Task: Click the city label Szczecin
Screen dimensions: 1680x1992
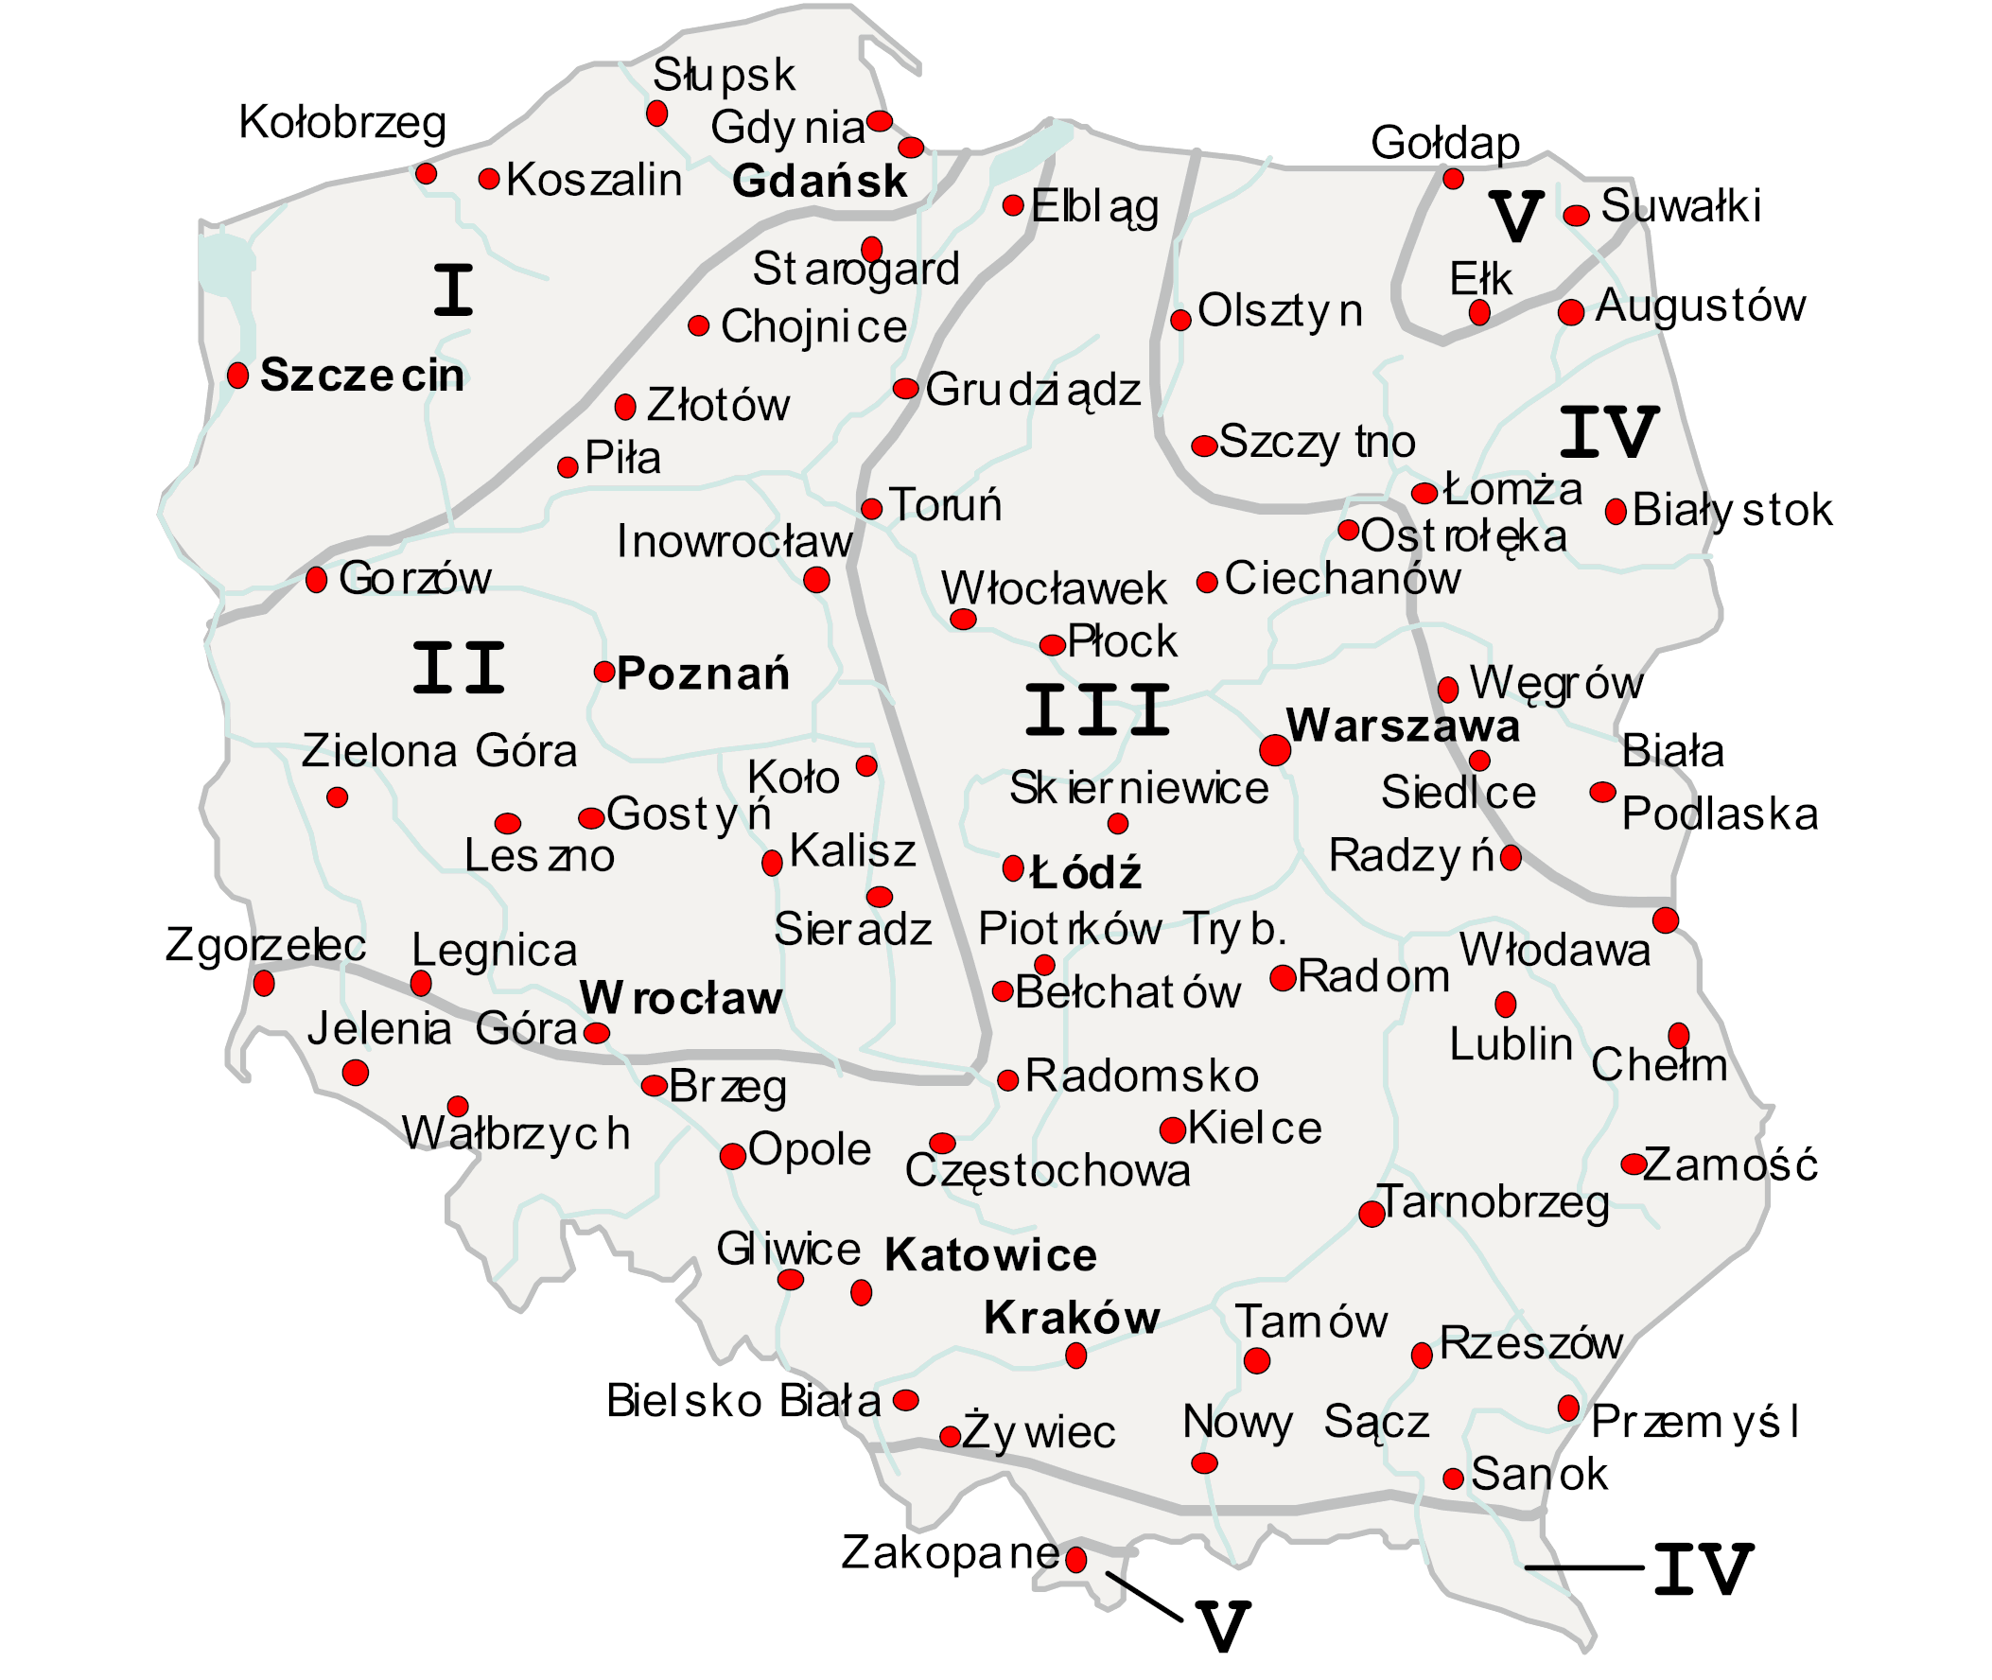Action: tap(362, 376)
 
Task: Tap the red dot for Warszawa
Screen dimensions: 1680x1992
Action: tap(1275, 749)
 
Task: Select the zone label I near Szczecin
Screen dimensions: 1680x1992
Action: tap(453, 290)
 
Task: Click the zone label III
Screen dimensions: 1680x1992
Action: tap(1097, 709)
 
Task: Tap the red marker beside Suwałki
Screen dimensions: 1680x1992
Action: tap(1576, 216)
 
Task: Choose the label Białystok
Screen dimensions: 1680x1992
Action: tap(1732, 511)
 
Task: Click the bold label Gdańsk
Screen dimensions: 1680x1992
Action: tap(820, 182)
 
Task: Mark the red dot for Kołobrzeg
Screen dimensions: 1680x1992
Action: tap(426, 174)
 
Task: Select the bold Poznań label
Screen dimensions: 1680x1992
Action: tap(703, 674)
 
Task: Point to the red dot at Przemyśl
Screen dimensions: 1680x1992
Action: tap(1568, 1408)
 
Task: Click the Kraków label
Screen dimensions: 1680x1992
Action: tap(1072, 1318)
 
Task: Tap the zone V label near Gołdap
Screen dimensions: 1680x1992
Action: tap(1515, 217)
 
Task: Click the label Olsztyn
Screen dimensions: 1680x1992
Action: tap(1280, 311)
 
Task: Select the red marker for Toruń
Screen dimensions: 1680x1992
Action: tap(871, 509)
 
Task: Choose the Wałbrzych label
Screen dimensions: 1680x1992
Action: tap(515, 1133)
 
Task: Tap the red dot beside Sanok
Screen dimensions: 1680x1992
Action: tap(1453, 1479)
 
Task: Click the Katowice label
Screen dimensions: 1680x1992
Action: tap(990, 1255)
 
